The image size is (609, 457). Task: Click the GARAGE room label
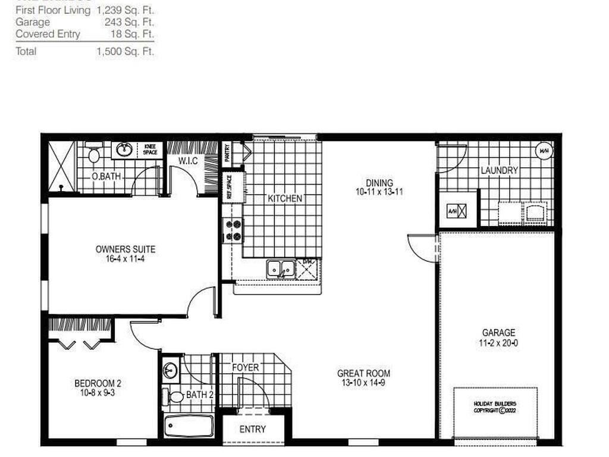pos(498,333)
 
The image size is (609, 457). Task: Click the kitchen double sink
pos(280,269)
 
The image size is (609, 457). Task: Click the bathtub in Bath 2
pos(189,426)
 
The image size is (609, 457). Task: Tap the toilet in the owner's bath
pos(93,156)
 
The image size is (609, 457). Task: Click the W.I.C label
pos(188,161)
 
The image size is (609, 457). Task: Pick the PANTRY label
pos(227,154)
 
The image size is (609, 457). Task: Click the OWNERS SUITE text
pos(125,249)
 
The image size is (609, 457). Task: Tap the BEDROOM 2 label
pos(98,383)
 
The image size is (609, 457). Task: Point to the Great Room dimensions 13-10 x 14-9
pos(364,383)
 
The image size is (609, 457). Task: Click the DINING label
pos(379,183)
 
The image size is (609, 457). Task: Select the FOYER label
pos(245,368)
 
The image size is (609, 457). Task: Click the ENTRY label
pos(253,429)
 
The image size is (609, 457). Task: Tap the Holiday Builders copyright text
pos(495,407)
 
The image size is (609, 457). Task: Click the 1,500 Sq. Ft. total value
pos(125,52)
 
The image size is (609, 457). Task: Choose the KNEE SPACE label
pos(150,149)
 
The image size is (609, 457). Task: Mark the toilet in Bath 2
pos(177,396)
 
